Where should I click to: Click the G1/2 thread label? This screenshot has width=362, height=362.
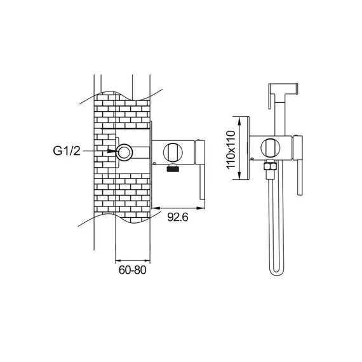pyautogui.click(x=67, y=151)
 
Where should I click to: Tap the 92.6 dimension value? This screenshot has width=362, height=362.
pyautogui.click(x=178, y=217)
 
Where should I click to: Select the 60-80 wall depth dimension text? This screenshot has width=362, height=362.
pyautogui.click(x=132, y=270)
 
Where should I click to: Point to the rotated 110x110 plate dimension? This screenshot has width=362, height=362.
pyautogui.click(x=231, y=149)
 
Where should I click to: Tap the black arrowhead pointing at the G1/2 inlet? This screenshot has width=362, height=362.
pyautogui.click(x=112, y=151)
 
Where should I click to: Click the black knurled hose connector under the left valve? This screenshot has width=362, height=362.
pyautogui.click(x=173, y=168)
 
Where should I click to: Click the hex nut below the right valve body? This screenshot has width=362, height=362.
pyautogui.click(x=271, y=166)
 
